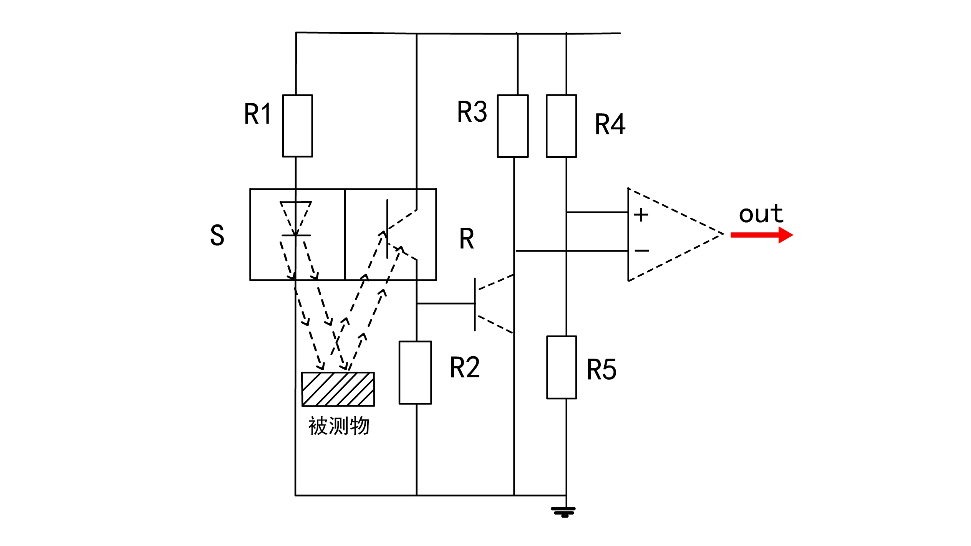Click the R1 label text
coord(258,114)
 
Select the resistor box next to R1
coord(297,126)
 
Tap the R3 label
coord(472,112)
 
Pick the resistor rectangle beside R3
coord(513,126)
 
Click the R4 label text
coord(610,124)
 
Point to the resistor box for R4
coord(561,126)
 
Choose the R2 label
coord(464,367)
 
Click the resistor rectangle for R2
coord(415,372)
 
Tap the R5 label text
coord(601,370)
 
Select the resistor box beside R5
coord(562,367)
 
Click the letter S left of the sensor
coord(217,235)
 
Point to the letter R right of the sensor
coord(467,239)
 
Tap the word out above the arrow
coord(761,214)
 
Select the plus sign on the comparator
coord(641,215)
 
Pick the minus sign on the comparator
coord(641,251)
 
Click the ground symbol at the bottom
coord(563,512)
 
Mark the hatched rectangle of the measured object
coord(338,389)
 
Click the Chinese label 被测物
coord(339,426)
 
